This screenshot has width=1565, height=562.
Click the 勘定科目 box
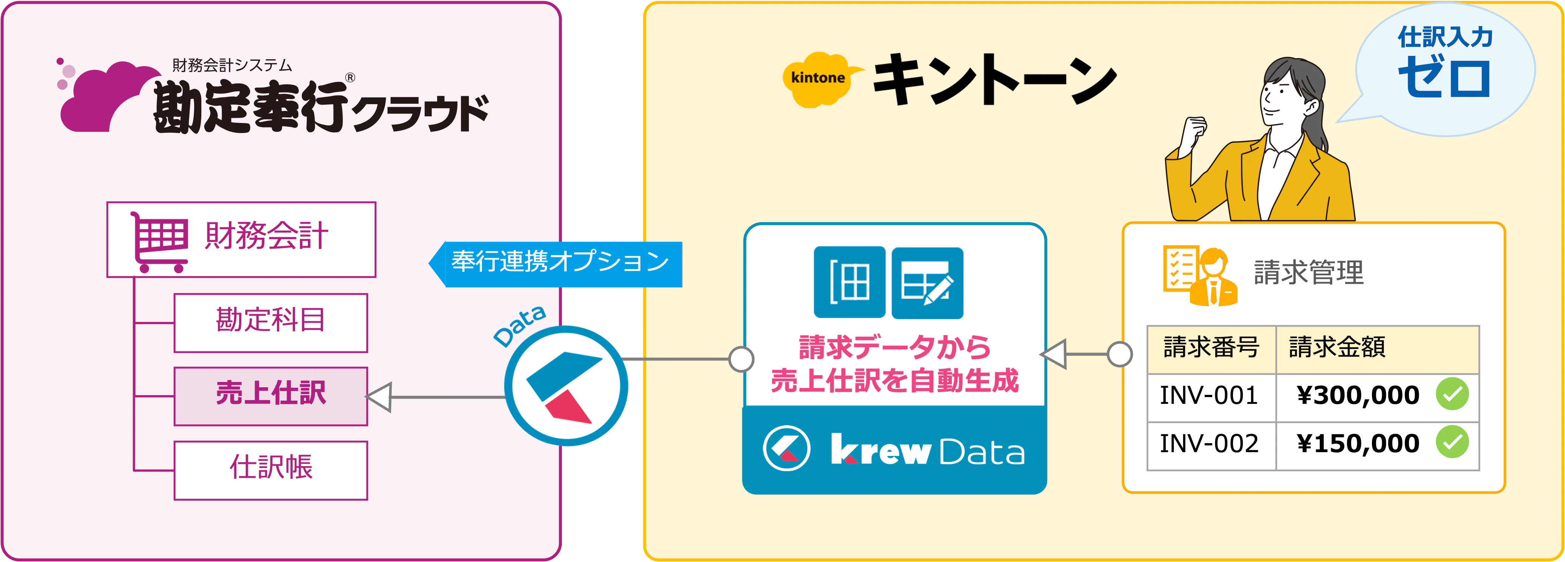pyautogui.click(x=270, y=322)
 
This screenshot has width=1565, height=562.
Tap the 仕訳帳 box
pyautogui.click(x=270, y=470)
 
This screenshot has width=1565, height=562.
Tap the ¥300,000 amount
pyautogui.click(x=1358, y=396)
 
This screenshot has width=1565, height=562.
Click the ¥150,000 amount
pyautogui.click(x=1358, y=443)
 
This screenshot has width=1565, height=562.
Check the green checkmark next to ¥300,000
pyautogui.click(x=1452, y=394)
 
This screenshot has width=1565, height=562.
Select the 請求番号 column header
pyautogui.click(x=1211, y=348)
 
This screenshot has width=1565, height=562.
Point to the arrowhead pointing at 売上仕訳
pyautogui.click(x=379, y=397)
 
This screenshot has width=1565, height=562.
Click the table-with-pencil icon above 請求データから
pyautogui.click(x=927, y=283)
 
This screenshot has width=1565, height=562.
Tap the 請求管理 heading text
pyautogui.click(x=1309, y=273)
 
